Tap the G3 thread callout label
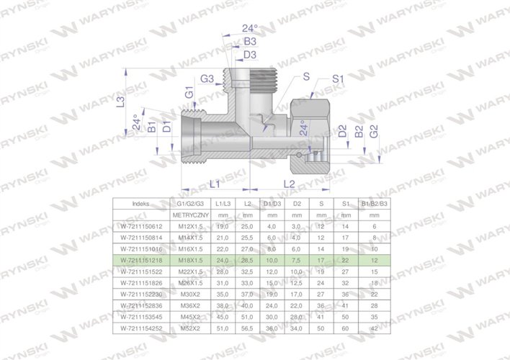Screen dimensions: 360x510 pos(206,78)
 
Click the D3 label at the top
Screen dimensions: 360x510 pos(250,54)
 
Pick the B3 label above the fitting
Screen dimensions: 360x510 pos(250,42)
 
